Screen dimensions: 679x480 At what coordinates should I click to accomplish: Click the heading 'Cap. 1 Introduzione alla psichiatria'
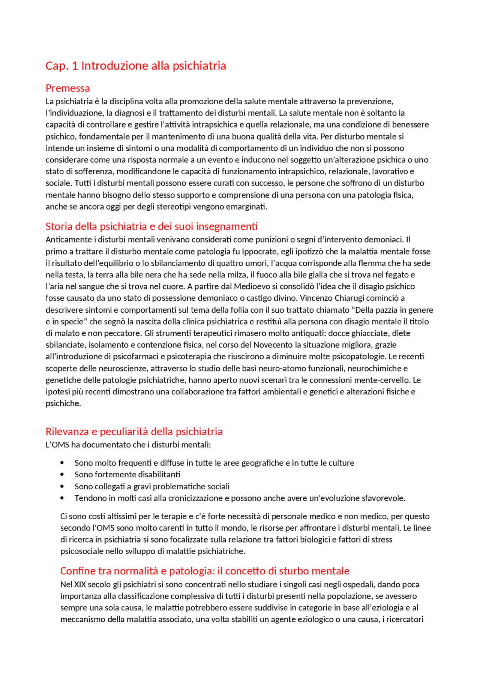136,66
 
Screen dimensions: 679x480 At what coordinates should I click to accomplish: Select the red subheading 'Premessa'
68,88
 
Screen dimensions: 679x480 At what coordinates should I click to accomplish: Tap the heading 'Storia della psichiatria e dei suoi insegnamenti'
151,226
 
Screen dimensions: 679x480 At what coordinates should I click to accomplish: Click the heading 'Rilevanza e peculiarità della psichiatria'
134,432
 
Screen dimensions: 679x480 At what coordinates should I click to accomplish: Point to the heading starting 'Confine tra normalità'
205,571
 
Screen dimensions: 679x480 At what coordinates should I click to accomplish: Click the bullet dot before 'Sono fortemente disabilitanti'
62,475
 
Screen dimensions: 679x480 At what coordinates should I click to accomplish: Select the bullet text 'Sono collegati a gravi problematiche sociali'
152,487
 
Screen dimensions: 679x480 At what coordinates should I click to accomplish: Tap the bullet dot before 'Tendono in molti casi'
62,498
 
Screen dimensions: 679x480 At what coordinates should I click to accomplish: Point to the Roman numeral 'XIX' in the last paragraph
80,585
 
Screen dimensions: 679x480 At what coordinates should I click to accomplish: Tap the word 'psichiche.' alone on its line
63,403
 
